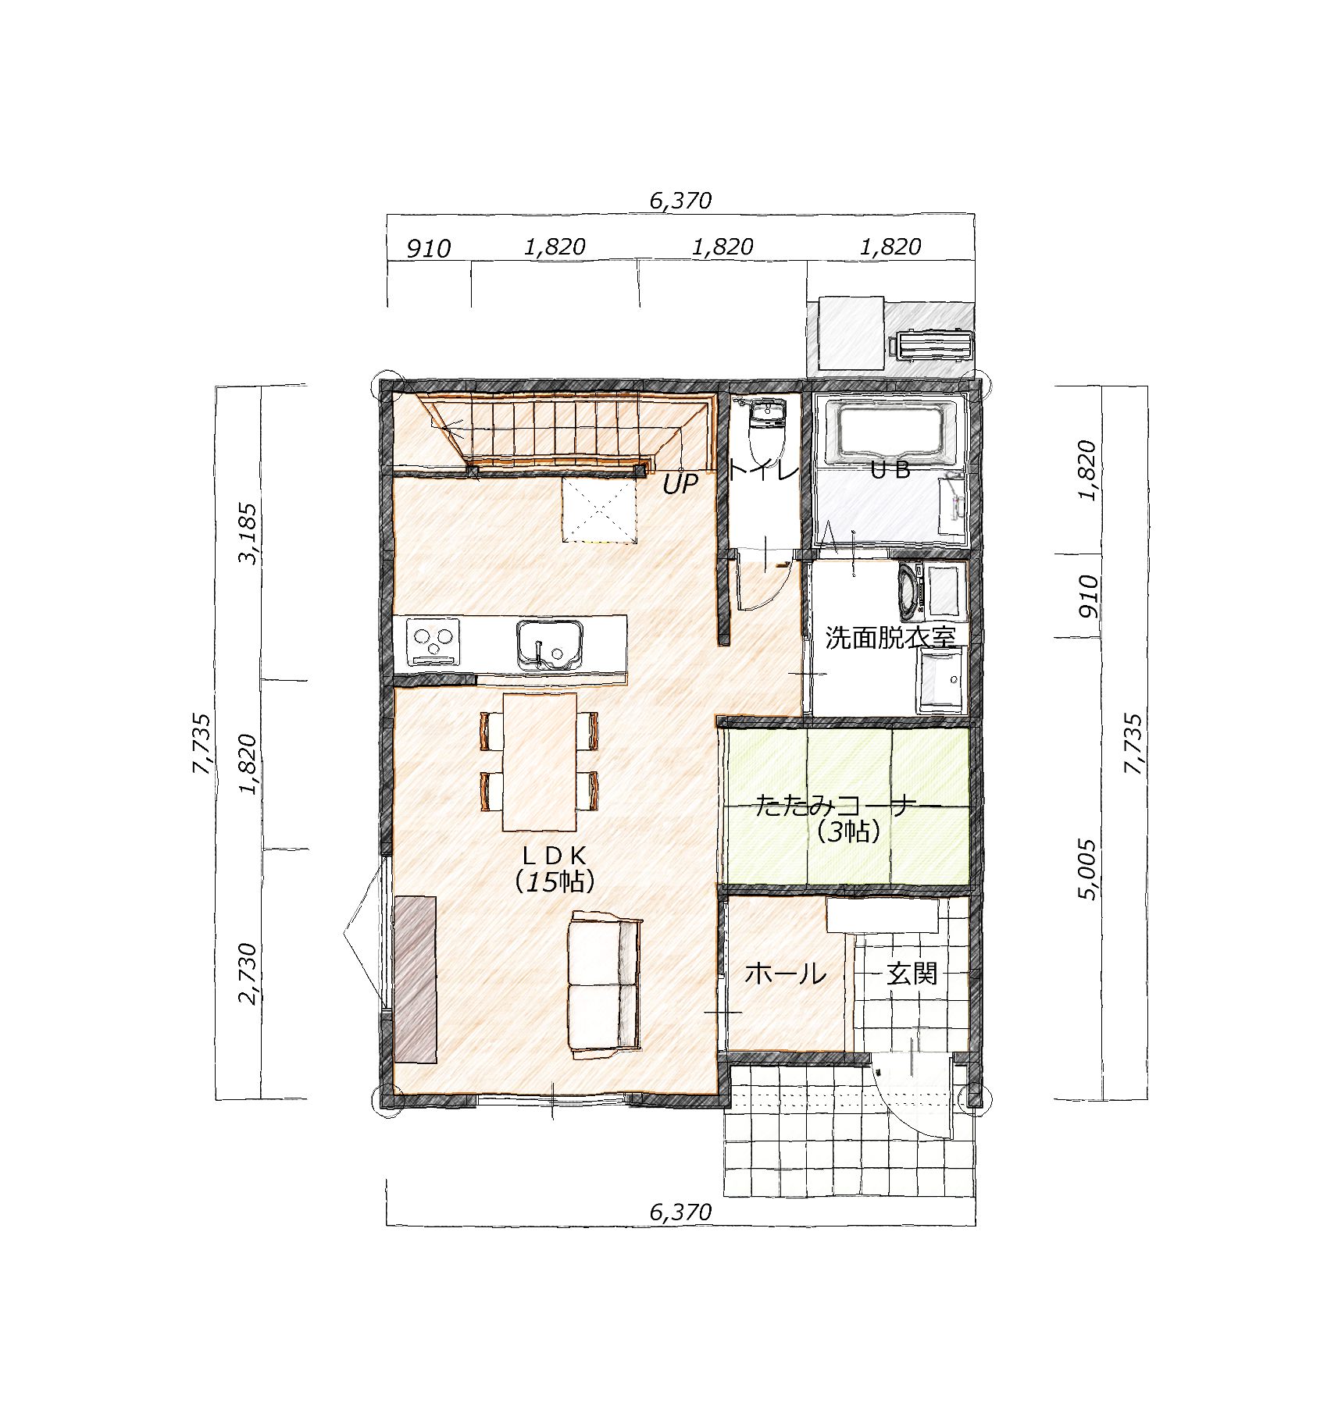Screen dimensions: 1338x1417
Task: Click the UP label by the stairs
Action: pos(680,484)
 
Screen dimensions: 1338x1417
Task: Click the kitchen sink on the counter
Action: pos(550,645)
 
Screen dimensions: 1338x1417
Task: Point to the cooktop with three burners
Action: pos(432,643)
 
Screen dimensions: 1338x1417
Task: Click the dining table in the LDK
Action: pos(540,762)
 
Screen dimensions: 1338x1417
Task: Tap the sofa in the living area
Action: pos(606,984)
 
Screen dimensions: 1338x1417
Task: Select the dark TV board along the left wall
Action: pos(415,979)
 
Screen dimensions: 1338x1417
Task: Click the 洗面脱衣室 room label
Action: pos(890,638)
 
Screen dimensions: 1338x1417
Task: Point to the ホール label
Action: pos(785,974)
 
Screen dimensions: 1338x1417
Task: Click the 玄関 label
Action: pos(912,974)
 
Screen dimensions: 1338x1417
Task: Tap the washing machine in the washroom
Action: pos(911,591)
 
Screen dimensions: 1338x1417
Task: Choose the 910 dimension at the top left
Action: pos(429,248)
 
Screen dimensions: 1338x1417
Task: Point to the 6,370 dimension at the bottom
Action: pos(680,1212)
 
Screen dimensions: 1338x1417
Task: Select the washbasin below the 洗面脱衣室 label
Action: pos(942,679)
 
